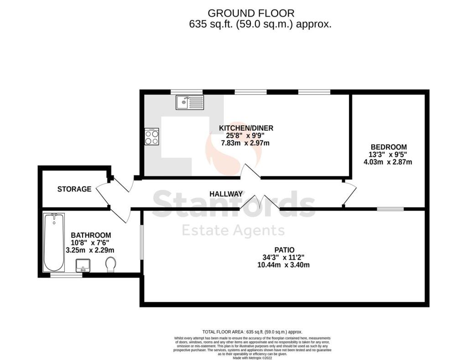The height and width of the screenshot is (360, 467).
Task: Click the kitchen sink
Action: [190, 103]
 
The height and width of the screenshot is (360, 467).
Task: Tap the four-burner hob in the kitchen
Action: [152, 137]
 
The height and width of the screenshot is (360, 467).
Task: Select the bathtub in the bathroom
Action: [54, 242]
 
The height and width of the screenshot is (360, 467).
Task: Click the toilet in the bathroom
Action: [111, 264]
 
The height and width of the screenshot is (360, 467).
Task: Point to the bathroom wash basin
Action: [83, 265]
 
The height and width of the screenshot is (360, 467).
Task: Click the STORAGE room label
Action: [74, 189]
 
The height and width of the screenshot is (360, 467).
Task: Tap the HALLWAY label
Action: [226, 194]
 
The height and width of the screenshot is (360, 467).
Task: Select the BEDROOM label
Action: [389, 147]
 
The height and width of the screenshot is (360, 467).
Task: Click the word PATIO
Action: [285, 250]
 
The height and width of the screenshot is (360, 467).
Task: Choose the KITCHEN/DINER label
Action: [246, 128]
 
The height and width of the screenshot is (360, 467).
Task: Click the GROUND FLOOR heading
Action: [251, 13]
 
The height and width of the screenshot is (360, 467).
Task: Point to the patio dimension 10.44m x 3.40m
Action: [284, 265]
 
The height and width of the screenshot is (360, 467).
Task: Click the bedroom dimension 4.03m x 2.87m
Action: [388, 162]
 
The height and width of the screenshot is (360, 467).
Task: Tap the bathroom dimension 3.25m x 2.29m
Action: [90, 250]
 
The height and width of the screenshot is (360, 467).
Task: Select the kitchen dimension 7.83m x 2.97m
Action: [245, 143]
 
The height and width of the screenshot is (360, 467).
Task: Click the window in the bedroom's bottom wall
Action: [390, 209]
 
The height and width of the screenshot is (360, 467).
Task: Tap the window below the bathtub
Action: [66, 276]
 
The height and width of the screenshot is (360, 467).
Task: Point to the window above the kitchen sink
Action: [187, 92]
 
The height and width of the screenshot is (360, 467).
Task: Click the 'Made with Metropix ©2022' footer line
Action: [253, 358]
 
